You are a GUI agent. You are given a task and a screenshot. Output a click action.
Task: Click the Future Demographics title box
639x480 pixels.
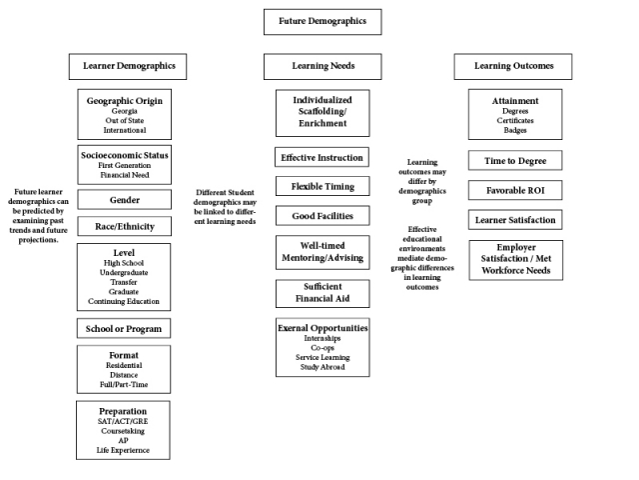322,21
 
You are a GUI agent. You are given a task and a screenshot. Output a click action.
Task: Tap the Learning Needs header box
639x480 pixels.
322,67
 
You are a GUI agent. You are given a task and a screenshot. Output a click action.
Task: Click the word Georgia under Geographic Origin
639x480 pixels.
124,111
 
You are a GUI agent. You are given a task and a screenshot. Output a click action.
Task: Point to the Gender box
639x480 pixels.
124,200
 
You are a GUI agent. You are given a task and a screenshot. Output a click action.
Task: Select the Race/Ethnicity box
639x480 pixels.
124,227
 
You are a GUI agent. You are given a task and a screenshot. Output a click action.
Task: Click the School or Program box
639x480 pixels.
124,328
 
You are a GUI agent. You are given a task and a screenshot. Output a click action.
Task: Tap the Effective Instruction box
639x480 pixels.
322,157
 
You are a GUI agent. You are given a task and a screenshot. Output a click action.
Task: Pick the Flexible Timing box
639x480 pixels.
322,186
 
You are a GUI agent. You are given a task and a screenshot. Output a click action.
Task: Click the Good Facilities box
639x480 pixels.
322,215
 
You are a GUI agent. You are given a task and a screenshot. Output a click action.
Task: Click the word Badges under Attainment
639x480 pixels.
515,130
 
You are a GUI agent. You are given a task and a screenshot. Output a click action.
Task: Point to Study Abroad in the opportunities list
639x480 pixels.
322,368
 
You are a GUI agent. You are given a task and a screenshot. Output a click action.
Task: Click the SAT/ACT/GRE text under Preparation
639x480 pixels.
124,421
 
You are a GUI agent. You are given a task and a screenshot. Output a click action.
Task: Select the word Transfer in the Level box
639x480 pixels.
124,282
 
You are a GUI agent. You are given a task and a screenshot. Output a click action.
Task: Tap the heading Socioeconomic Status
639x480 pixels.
124,155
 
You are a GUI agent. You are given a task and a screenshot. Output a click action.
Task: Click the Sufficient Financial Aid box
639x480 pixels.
322,293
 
